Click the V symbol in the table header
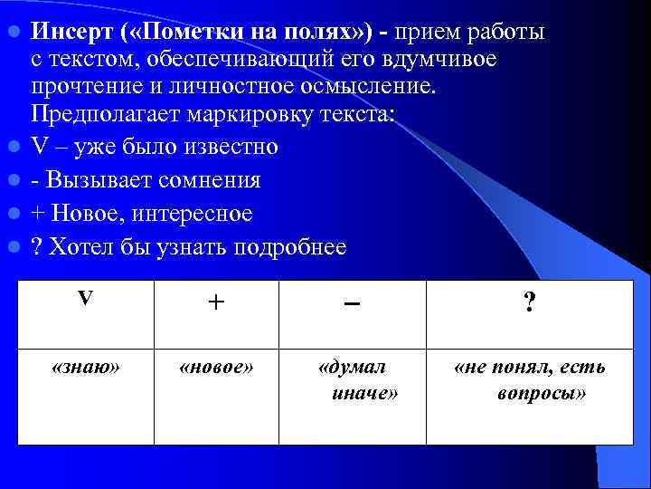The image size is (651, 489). (x=85, y=299)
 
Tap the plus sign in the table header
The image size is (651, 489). (x=215, y=303)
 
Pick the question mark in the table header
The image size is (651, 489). (x=530, y=303)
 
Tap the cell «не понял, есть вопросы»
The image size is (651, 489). (x=530, y=380)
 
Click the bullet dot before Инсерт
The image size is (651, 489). (x=14, y=33)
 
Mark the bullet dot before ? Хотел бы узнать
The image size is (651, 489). (x=14, y=247)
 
